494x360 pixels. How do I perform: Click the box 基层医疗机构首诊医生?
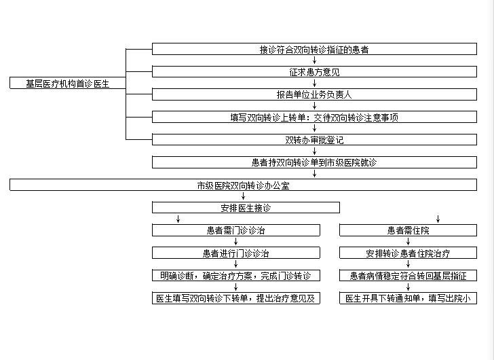(68, 84)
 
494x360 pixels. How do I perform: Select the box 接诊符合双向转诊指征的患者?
(314, 49)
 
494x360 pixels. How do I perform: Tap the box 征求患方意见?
(314, 72)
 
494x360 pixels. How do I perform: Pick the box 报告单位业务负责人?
(314, 94)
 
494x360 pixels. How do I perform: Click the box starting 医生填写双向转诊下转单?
(236, 298)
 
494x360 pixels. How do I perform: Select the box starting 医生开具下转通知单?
(408, 298)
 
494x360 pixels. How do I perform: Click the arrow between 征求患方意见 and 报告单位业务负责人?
(314, 84)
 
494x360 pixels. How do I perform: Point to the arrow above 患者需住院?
(438, 219)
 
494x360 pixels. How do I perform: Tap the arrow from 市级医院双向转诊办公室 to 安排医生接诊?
(243, 196)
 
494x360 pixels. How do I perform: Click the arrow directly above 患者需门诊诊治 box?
(178, 219)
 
